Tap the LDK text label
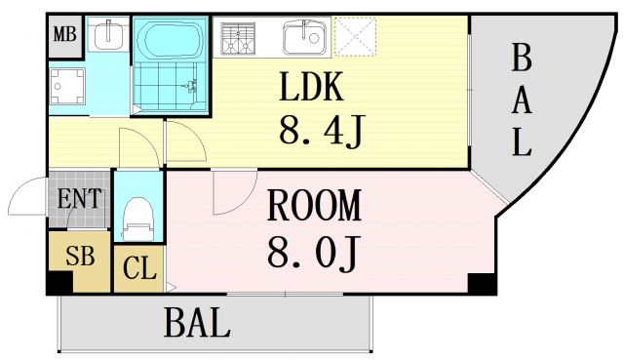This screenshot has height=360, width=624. tap(312, 90)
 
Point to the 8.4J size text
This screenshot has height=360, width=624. tap(321, 131)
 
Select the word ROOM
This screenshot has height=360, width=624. tap(314, 206)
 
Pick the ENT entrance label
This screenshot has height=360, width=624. tap(80, 199)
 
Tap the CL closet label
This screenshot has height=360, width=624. tap(139, 268)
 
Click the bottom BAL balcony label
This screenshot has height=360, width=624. tap(197, 322)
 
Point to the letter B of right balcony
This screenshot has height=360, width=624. tap(522, 60)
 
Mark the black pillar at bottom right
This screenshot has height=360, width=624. tap(481, 284)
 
